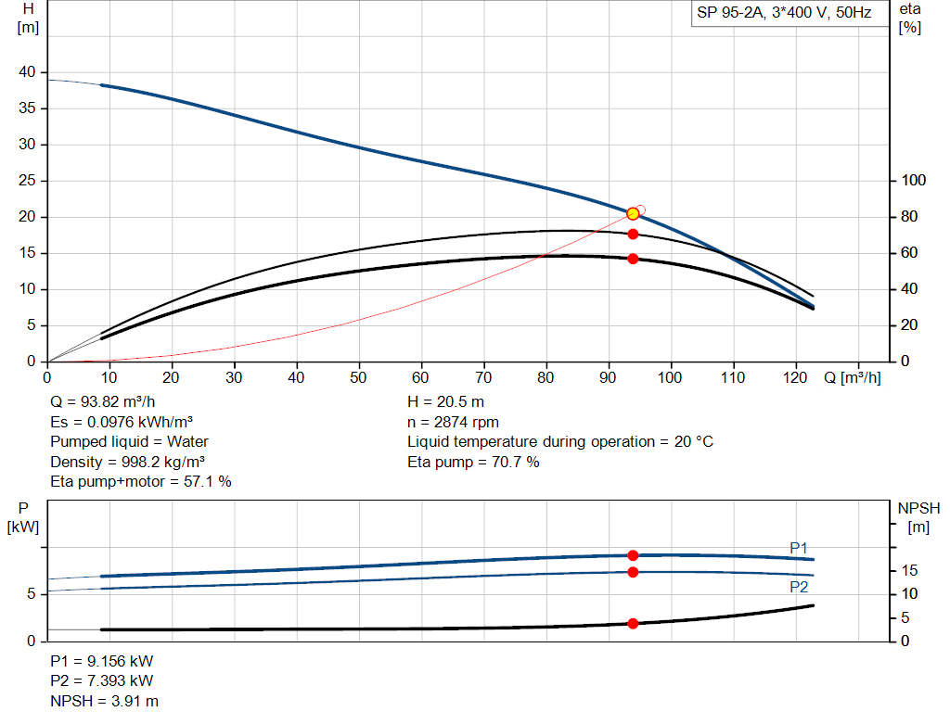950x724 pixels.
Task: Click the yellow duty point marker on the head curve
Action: click(x=633, y=214)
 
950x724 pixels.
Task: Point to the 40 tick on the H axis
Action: click(x=28, y=72)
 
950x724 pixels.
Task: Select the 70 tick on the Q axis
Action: click(x=483, y=377)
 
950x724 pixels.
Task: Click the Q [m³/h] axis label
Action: click(x=852, y=377)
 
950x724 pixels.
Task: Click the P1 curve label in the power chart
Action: click(x=799, y=548)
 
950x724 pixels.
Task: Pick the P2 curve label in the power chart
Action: click(x=799, y=587)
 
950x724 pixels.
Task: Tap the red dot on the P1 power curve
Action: click(x=633, y=555)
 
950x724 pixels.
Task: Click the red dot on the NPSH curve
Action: click(x=633, y=623)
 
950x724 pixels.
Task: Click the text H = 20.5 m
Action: click(x=445, y=402)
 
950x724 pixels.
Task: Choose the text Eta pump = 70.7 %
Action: click(x=473, y=462)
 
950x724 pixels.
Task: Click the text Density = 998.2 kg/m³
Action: click(x=128, y=462)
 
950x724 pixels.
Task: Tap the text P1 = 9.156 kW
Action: click(x=102, y=662)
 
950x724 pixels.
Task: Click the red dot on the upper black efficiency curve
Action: click(x=633, y=234)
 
